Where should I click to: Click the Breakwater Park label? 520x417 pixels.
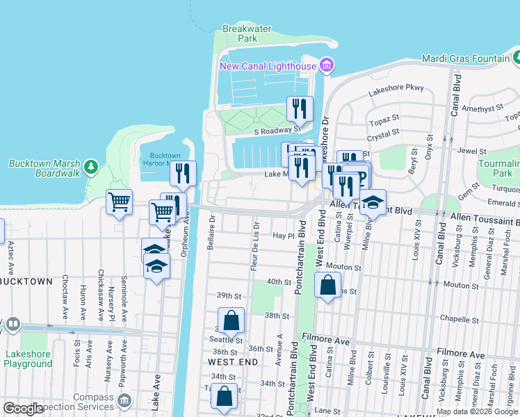coord(239,34)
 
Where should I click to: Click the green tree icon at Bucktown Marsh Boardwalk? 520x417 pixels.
coord(90,167)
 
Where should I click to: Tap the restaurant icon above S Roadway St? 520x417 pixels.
coord(300,108)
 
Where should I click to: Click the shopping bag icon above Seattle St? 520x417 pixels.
coord(231,320)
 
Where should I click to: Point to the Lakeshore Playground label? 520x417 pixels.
coord(28,359)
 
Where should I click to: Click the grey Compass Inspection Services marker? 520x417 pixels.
coord(124,400)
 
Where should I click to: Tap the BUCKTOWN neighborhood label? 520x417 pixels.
coord(26,281)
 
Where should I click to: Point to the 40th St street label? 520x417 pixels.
coord(278,282)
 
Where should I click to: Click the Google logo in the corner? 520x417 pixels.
coord(23,409)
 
